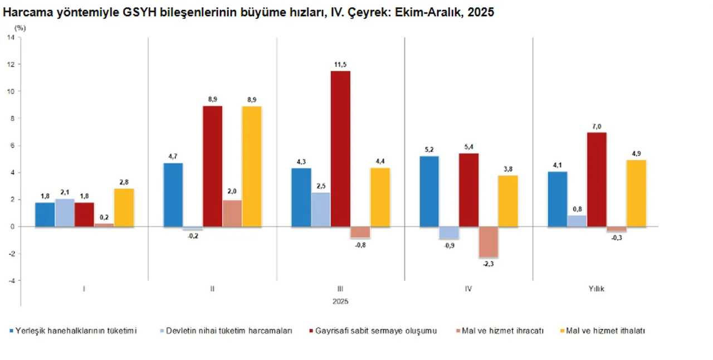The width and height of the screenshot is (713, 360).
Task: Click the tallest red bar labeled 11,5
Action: [x=340, y=149]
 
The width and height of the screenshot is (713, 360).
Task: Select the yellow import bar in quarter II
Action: [x=251, y=166]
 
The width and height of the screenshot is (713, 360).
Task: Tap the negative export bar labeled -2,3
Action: [x=488, y=242]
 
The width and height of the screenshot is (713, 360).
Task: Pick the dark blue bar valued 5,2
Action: [x=429, y=191]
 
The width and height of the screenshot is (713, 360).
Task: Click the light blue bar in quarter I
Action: [x=65, y=212]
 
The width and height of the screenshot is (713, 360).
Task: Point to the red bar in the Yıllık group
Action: [x=597, y=179]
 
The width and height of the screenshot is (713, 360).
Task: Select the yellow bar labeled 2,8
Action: [x=124, y=207]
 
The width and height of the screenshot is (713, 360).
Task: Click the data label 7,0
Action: [x=597, y=127]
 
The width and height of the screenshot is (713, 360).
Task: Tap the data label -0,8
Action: [x=360, y=244]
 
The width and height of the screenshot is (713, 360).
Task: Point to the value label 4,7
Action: [x=173, y=157]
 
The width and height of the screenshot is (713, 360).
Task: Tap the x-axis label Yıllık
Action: [x=597, y=289]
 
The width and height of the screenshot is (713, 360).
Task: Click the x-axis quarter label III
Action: [x=340, y=289]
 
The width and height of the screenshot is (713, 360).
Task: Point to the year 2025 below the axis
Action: [x=340, y=301]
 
